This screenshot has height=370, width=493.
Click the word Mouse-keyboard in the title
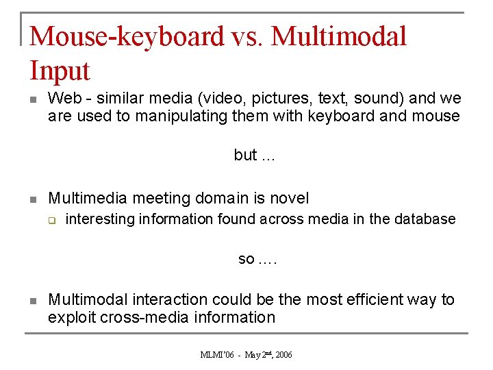coord(127,36)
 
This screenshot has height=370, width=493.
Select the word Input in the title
coord(60,71)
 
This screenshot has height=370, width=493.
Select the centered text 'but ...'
coord(254,156)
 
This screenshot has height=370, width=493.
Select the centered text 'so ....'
coord(257,259)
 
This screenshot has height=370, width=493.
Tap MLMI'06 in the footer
coord(217,355)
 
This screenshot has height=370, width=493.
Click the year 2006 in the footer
coord(283,355)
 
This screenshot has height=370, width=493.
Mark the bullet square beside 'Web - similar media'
coord(32,100)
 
